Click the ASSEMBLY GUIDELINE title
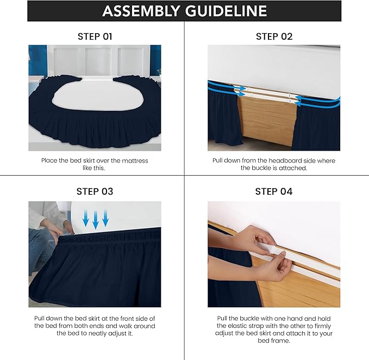[x=184, y=11]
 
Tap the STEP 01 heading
[x=95, y=36]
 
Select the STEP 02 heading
[x=274, y=36]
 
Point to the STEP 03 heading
[x=95, y=191]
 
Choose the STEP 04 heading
[x=274, y=191]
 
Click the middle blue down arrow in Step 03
[x=96, y=220]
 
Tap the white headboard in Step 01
[x=95, y=59]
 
